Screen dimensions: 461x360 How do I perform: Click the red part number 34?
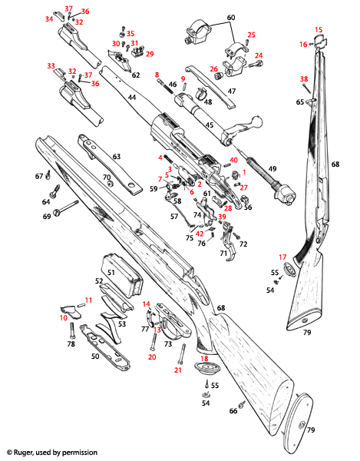pyautogui.click(x=49, y=18)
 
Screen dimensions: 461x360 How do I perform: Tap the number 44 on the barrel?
pyautogui.click(x=132, y=98)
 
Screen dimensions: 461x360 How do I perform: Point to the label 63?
pyautogui.click(x=117, y=157)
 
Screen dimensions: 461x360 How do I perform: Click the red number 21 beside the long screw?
pyautogui.click(x=177, y=370)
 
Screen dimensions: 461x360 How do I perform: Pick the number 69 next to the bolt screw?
pyautogui.click(x=47, y=217)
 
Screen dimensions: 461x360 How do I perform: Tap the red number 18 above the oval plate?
pyautogui.click(x=204, y=358)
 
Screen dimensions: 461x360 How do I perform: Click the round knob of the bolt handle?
pyautogui.click(x=256, y=121)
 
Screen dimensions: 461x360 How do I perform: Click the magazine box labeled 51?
pyautogui.click(x=111, y=272)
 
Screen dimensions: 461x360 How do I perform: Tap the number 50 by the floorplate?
pyautogui.click(x=96, y=357)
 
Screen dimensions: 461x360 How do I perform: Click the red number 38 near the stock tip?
pyautogui.click(x=305, y=79)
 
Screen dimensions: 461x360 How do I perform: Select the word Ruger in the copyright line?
pyautogui.click(x=28, y=453)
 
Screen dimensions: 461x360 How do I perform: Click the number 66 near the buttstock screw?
pyautogui.click(x=233, y=411)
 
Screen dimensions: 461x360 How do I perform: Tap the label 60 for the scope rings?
pyautogui.click(x=231, y=17)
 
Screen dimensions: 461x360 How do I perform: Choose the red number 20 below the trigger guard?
pyautogui.click(x=151, y=357)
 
